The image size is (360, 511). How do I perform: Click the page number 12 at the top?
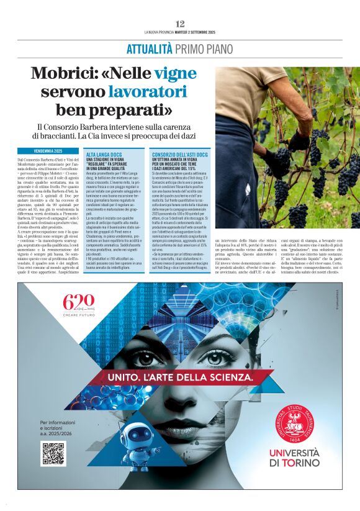coord(180,24)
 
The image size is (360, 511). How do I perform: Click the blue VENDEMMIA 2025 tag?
coord(43,151)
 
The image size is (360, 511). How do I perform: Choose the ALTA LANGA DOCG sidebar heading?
coord(103,153)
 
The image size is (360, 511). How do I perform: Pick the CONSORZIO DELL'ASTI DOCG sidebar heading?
coord(180,153)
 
